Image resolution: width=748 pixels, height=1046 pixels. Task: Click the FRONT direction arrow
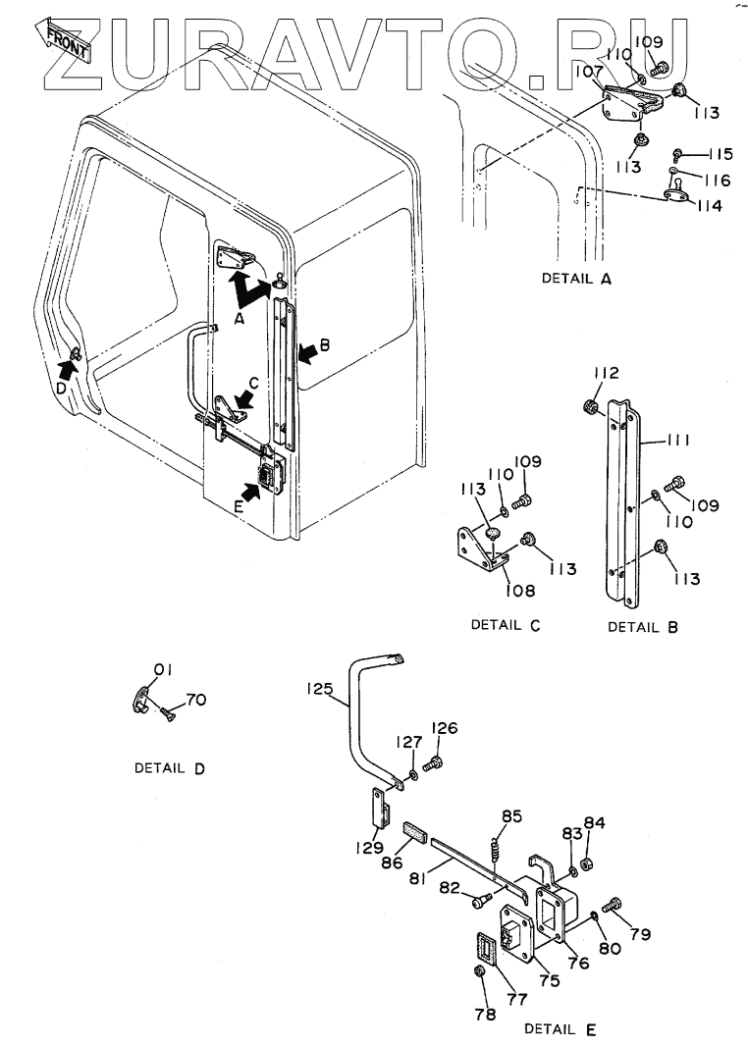coord(64,40)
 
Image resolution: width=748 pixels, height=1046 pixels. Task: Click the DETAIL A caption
coord(576,278)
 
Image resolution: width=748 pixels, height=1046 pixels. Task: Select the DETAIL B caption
coord(643,627)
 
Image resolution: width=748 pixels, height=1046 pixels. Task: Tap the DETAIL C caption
coord(506,625)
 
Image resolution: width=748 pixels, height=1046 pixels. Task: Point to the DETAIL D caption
coord(170,768)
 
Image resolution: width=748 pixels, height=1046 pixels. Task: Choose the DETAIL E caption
coord(561,1028)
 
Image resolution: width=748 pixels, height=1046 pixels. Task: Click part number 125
coord(320,689)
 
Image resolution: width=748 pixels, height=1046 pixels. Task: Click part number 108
coord(520,591)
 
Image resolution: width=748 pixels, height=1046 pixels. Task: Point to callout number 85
coord(511,816)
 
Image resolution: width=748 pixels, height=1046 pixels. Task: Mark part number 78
coord(485,1014)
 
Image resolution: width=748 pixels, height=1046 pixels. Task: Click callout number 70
coord(195,700)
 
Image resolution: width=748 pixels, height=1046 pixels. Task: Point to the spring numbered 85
coord(496,849)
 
